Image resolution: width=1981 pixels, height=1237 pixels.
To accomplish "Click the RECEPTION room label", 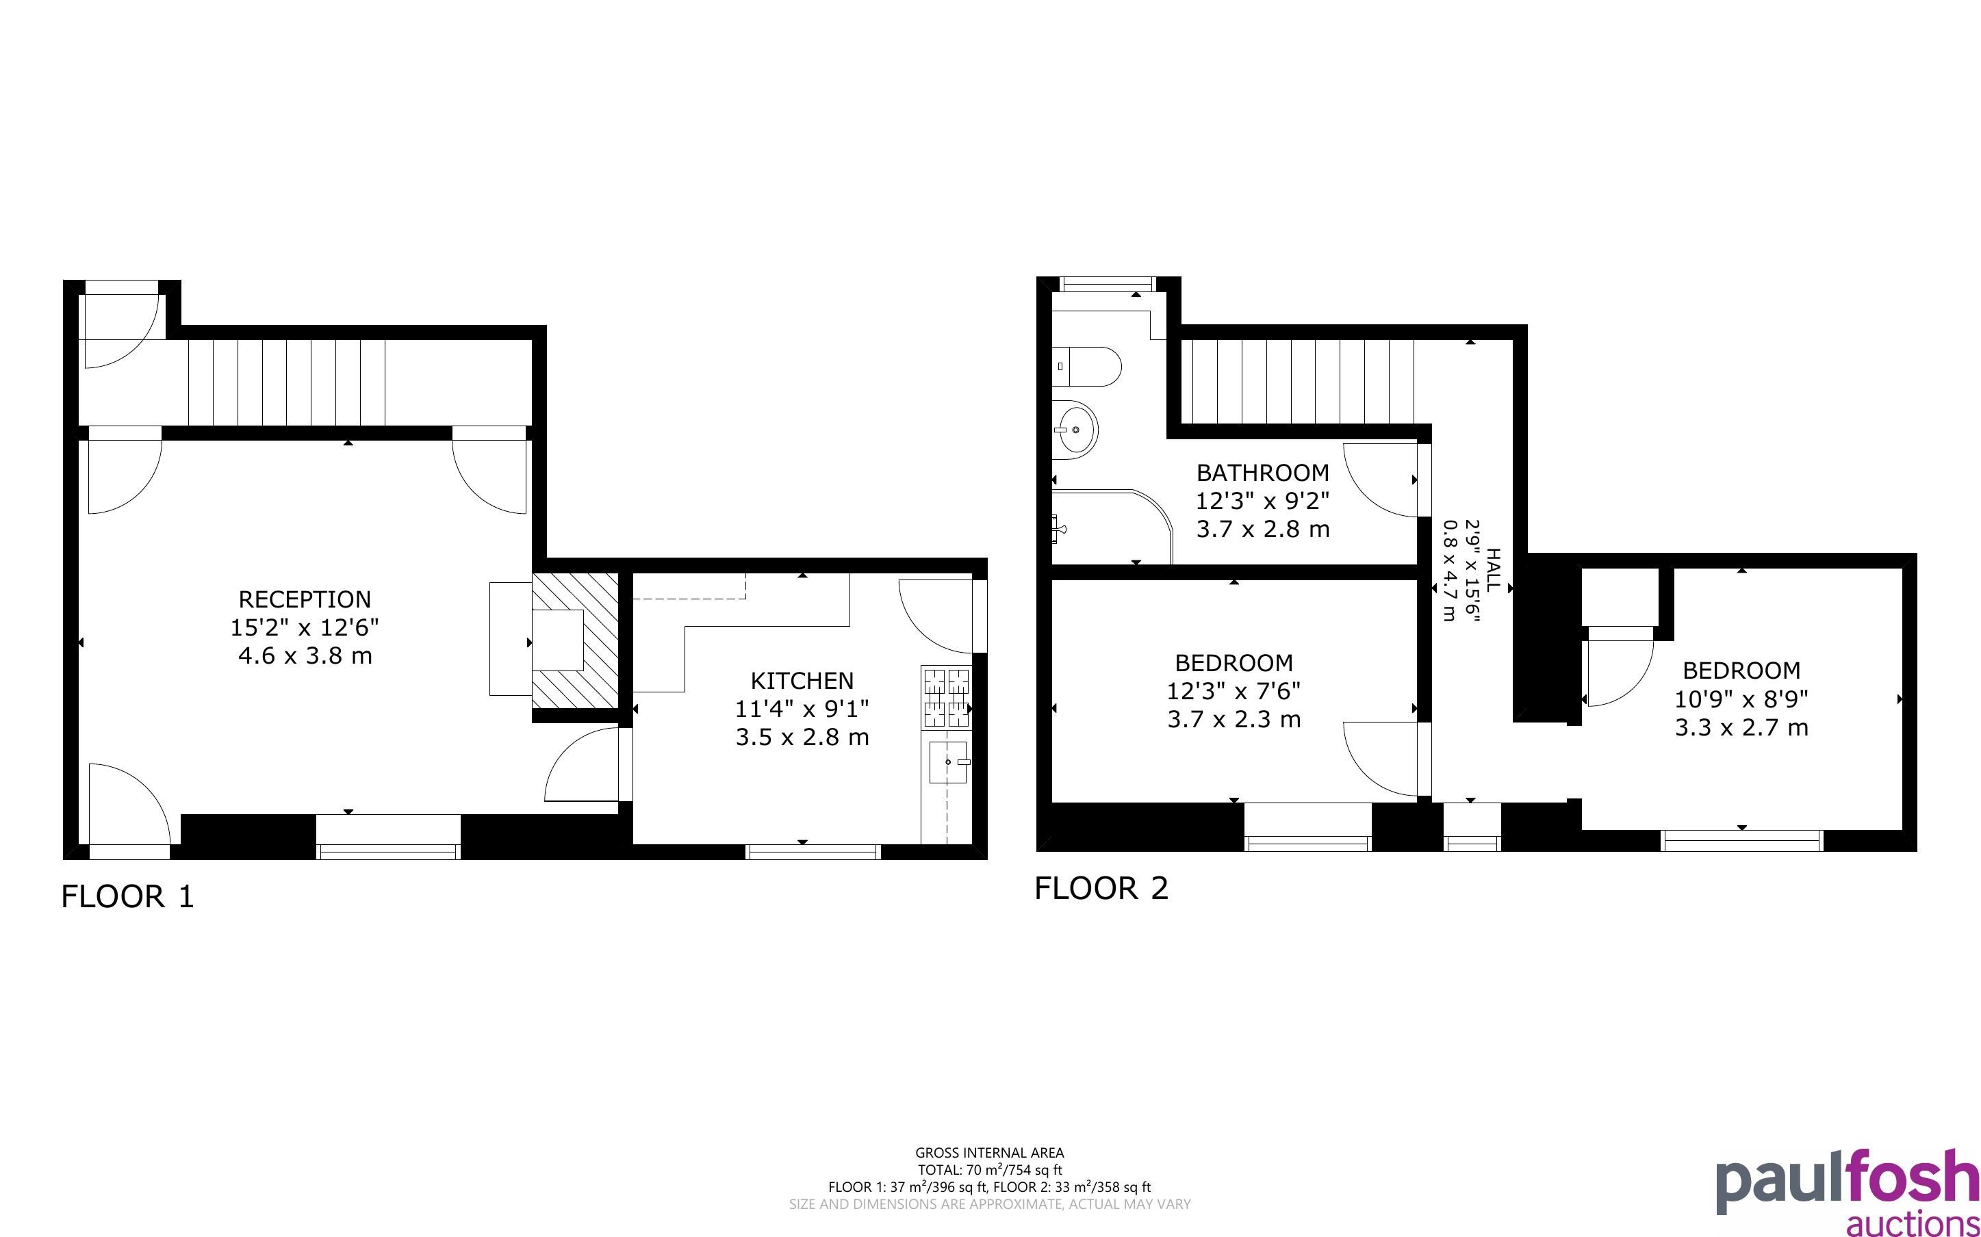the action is point(305,599).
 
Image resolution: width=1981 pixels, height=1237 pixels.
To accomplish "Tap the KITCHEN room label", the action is point(802,681).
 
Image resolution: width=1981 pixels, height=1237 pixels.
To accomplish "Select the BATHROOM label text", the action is point(1262,473).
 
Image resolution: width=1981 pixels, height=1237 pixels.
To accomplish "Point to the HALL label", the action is point(1494,570).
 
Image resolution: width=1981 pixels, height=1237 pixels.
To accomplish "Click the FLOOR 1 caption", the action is point(127,897).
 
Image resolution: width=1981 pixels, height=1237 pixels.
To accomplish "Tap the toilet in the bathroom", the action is point(1086,367).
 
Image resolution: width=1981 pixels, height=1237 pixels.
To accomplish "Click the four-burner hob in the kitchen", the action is point(947,698).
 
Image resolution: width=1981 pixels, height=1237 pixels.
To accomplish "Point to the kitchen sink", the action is point(948,762).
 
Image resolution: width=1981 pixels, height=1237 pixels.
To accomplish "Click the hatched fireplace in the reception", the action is point(575,640).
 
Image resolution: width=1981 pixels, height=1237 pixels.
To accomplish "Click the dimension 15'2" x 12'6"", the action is point(305,628).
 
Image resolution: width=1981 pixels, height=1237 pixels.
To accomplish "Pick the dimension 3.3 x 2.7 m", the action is point(1741,728).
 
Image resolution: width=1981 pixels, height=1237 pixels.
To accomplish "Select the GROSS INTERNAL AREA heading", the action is point(989,1154).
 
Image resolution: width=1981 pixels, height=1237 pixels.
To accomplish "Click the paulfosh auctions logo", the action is point(1848,1192).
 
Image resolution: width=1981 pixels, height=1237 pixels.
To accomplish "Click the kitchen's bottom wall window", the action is point(813,852).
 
